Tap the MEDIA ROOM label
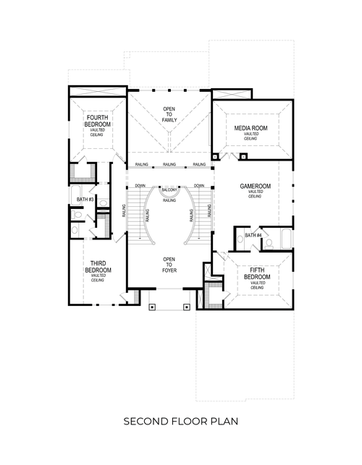tap(251, 128)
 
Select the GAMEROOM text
tap(255, 187)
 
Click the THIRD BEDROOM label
tap(98, 268)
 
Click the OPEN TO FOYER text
tap(169, 265)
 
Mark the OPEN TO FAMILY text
tap(169, 114)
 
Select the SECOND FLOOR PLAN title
tap(180, 420)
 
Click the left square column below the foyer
tap(151, 306)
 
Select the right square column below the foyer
tap(187, 306)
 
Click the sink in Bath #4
tap(240, 241)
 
